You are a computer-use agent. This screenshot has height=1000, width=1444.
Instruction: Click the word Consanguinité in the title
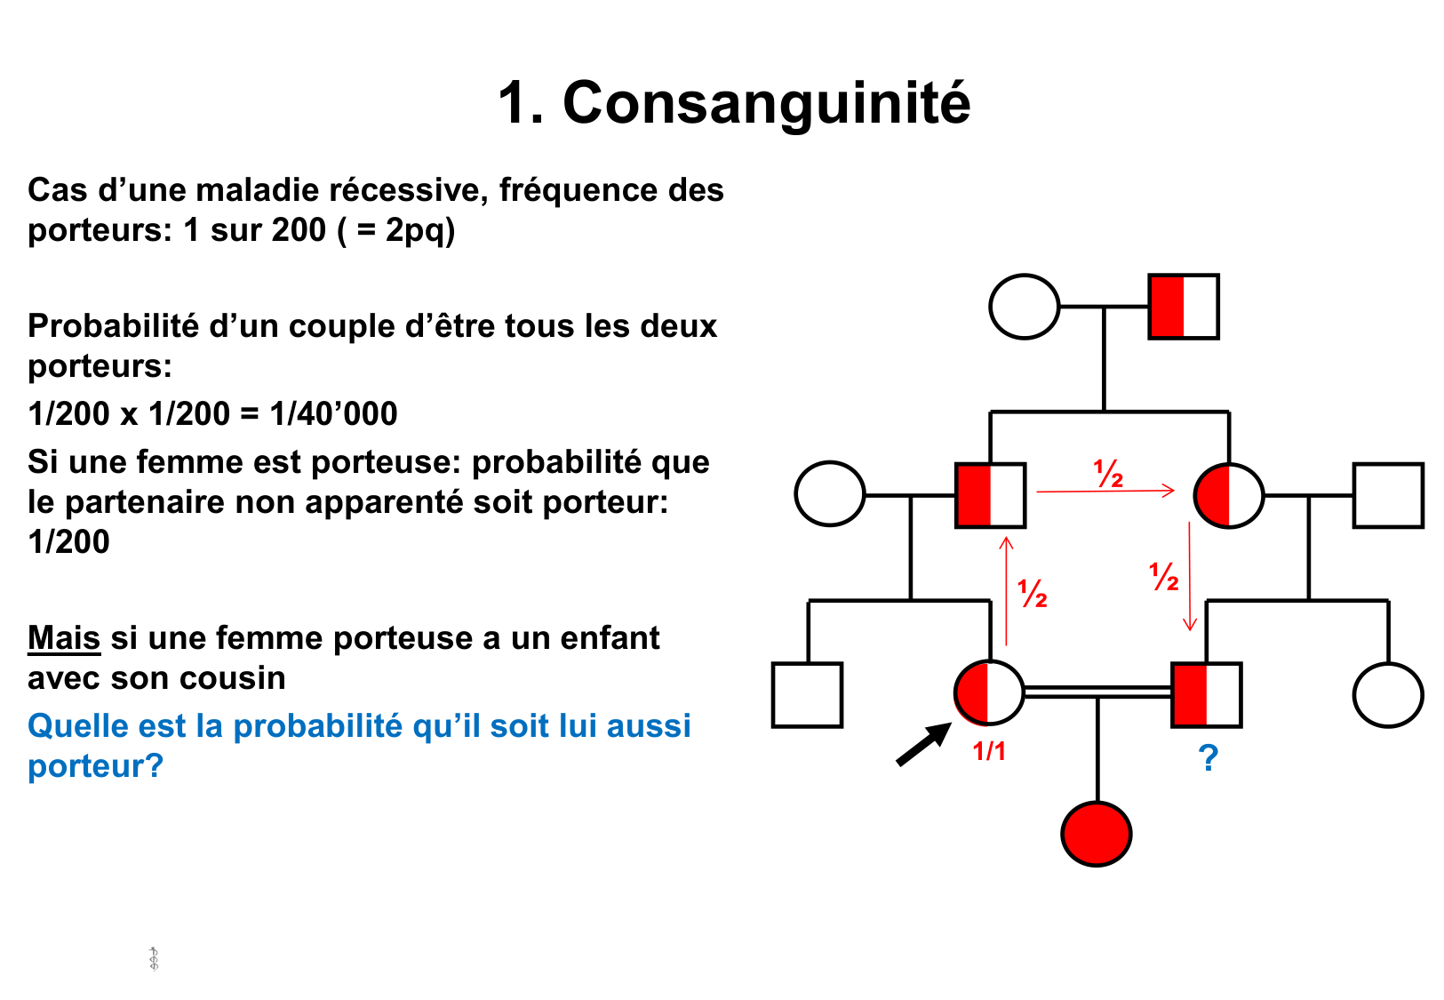tap(766, 103)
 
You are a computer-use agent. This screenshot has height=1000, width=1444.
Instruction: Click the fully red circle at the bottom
tap(1097, 834)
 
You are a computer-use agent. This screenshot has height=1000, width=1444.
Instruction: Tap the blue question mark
tap(1208, 758)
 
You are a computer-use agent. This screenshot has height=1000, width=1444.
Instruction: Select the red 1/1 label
tap(989, 752)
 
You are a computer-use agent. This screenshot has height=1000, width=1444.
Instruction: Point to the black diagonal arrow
tap(922, 744)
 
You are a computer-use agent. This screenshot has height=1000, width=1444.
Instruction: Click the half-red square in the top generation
tap(1184, 307)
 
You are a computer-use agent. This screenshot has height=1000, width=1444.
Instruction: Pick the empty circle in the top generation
tap(1025, 307)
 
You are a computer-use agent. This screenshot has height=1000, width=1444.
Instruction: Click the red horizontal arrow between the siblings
tap(1105, 490)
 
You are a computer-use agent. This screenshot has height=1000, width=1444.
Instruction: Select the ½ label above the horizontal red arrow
tap(1108, 474)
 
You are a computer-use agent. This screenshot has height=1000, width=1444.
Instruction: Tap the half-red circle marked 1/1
tap(989, 692)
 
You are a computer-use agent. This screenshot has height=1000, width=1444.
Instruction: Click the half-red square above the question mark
tap(1206, 694)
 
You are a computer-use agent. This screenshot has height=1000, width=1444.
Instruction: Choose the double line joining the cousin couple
tap(1097, 692)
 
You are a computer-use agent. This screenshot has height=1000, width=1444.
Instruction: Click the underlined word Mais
tap(64, 638)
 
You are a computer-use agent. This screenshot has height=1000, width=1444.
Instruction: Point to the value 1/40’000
tap(333, 413)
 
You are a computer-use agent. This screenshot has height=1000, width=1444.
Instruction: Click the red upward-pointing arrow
tap(1006, 591)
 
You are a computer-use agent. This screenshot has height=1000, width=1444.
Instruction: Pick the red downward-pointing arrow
tap(1190, 578)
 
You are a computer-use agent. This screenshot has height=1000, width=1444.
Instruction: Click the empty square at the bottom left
tap(807, 694)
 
